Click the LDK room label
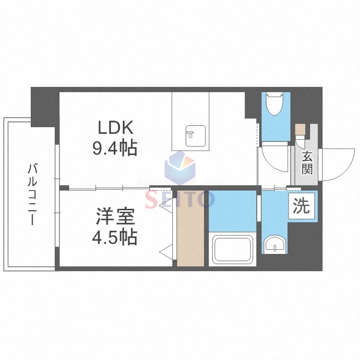click(x=115, y=128)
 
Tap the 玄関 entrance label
click(x=307, y=163)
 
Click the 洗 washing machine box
click(x=301, y=206)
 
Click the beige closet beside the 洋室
click(x=191, y=228)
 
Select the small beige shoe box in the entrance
click(x=300, y=129)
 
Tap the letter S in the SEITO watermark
click(x=152, y=199)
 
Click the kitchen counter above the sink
click(x=191, y=108)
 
